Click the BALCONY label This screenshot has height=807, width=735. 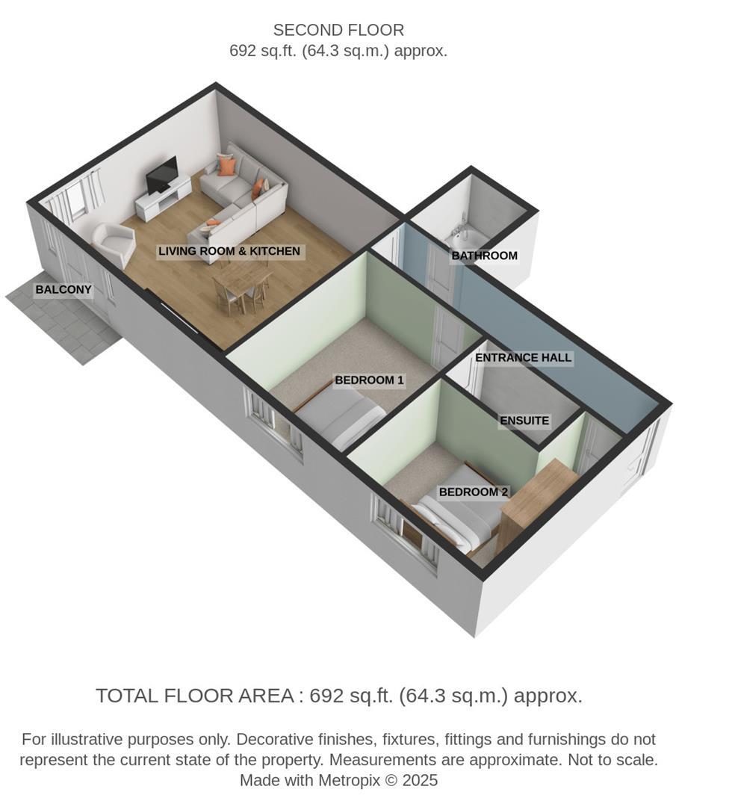point(63,290)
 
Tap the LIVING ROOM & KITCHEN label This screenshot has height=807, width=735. point(229,251)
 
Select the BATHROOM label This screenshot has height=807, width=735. point(484,256)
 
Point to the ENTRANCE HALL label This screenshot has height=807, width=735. point(523,358)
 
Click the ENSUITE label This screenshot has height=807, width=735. point(524,421)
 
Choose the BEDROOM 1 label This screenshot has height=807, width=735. point(369,380)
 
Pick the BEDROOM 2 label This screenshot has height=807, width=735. point(473,492)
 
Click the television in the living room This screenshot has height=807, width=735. point(161,176)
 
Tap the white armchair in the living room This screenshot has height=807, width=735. point(114,244)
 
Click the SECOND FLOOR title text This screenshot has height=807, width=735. point(338,31)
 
